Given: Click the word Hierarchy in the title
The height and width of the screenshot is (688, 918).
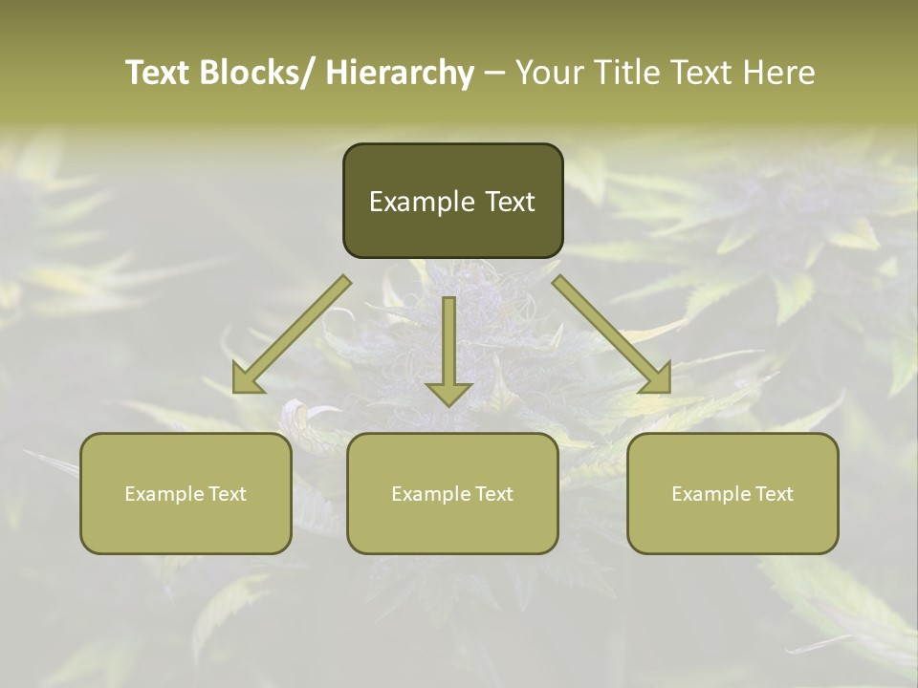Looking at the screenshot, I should pyautogui.click(x=400, y=73).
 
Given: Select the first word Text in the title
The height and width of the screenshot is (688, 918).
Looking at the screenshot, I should pyautogui.click(x=159, y=73).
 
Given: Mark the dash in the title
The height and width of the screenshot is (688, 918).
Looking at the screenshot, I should pyautogui.click(x=493, y=73).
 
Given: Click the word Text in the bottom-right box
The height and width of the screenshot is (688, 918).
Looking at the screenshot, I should pyautogui.click(x=774, y=494).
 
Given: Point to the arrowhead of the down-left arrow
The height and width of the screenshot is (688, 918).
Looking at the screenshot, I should pyautogui.click(x=248, y=378).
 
